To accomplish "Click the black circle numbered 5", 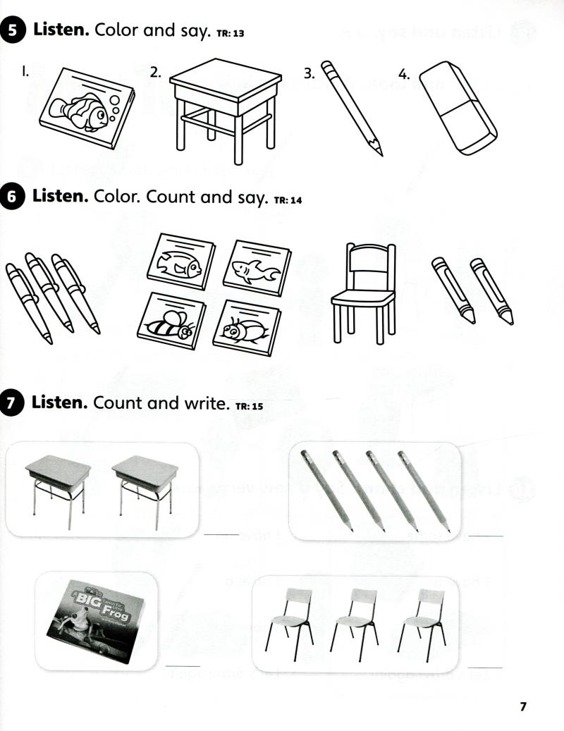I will [x=15, y=30].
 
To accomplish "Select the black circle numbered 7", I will [x=15, y=403].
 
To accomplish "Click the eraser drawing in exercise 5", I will [x=458, y=106].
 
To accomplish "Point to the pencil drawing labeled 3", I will [x=352, y=107].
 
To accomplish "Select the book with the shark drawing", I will [x=257, y=268].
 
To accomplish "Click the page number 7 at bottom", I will [x=522, y=706].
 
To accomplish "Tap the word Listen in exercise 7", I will [x=60, y=403].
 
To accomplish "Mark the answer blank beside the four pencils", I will [x=486, y=536].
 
